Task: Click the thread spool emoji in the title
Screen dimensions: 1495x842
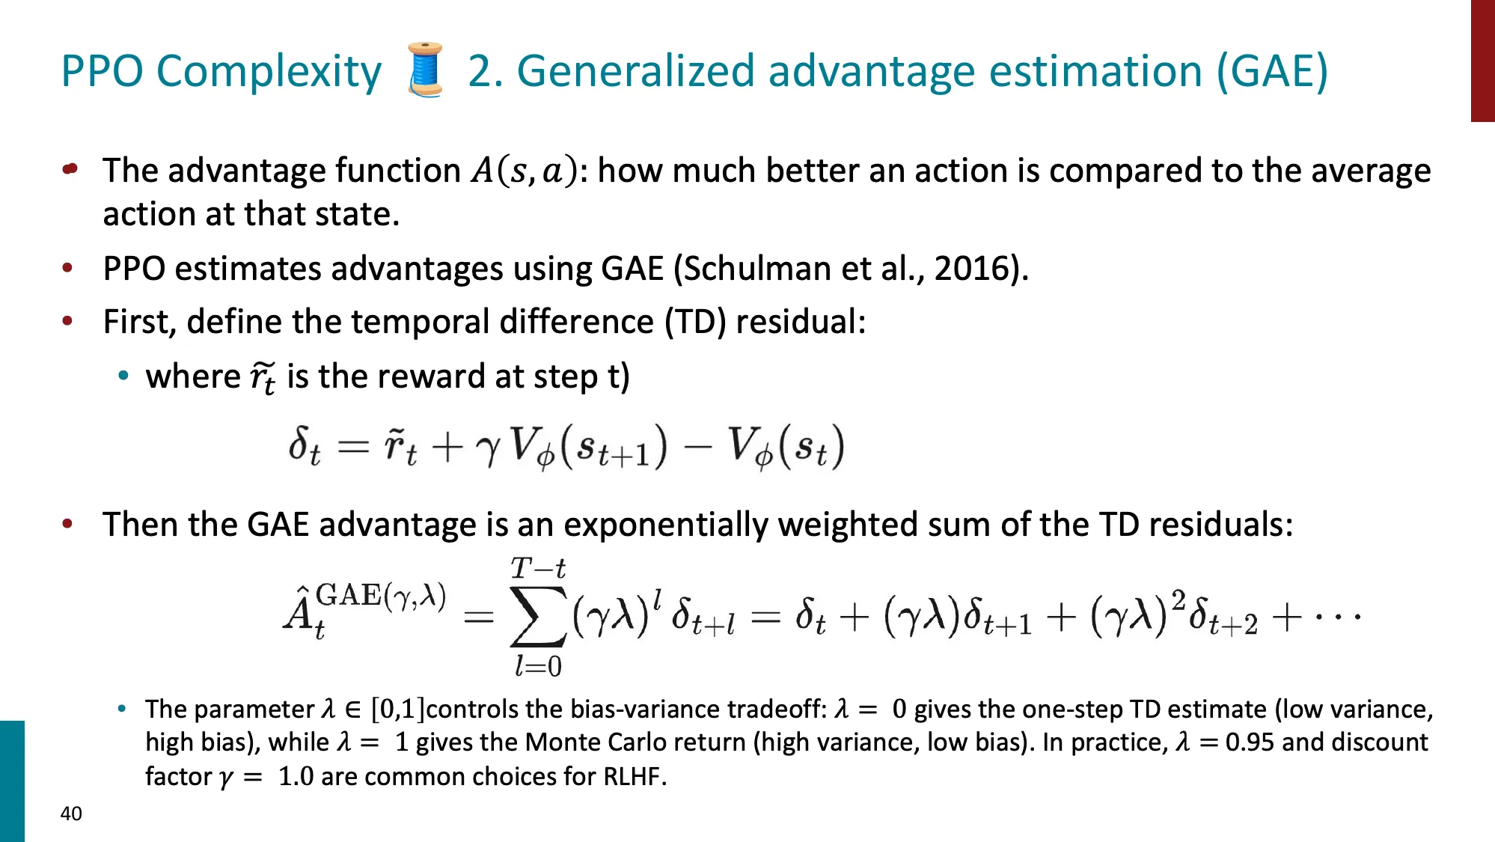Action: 425,70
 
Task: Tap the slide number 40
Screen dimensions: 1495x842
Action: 71,814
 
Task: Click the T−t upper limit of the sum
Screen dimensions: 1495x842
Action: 538,569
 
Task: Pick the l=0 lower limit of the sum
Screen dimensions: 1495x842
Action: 538,665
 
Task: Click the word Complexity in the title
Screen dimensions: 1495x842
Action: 269,73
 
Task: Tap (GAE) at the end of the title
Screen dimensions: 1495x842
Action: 1273,71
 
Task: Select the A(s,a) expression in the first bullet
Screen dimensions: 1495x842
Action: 525,171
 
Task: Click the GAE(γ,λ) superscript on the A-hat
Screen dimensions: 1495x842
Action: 381,596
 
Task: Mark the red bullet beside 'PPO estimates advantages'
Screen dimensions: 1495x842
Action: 68,268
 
